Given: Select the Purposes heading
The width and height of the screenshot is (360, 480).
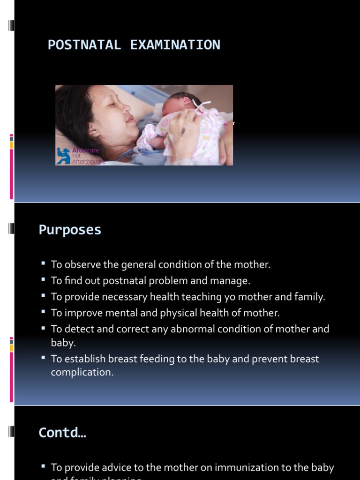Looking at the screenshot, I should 70,230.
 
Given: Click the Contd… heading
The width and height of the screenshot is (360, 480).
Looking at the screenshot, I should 62,432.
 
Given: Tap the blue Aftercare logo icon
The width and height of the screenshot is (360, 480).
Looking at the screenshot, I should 63,156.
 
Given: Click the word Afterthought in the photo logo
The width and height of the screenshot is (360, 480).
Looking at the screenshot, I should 88,161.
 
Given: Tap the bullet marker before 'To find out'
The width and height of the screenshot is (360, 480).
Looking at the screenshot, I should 43,280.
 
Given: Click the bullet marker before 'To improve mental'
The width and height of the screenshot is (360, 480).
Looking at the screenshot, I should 43,312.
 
